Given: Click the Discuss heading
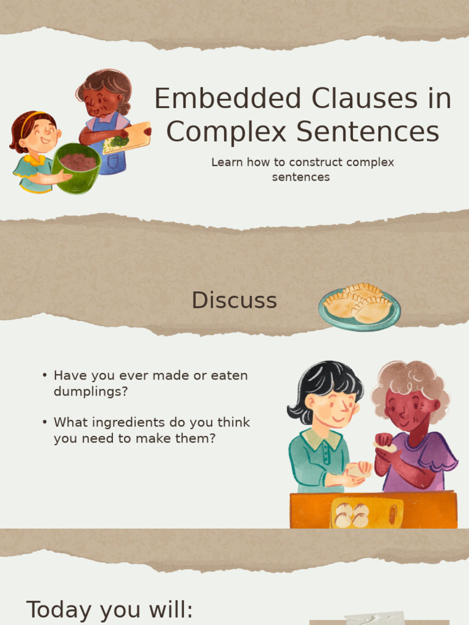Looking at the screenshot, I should click(234, 300).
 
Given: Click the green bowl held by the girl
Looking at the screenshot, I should click(77, 168).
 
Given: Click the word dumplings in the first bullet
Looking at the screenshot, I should click(91, 392).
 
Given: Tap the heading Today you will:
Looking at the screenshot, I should click(109, 610).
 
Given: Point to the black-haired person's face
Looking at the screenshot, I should click(333, 409).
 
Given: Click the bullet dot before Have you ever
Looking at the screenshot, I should click(45, 376).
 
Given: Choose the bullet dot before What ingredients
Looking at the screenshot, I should click(45, 422).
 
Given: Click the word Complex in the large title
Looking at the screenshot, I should click(217, 132).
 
